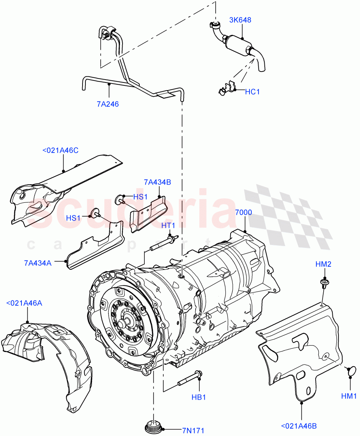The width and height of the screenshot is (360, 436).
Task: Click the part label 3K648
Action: [240, 20]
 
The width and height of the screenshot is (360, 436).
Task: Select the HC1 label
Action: [252, 92]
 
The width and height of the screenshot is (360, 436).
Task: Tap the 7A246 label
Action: [108, 104]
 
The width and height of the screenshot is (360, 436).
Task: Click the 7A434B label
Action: [157, 182]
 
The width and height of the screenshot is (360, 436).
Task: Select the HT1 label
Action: [168, 226]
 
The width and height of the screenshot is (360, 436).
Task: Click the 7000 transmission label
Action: [243, 213]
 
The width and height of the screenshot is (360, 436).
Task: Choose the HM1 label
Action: [349, 396]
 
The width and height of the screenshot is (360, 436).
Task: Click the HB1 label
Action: [199, 397]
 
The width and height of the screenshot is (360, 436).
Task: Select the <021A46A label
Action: [24, 303]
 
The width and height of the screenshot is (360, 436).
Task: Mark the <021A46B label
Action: [301, 425]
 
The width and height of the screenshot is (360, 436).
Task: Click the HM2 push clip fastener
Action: [323, 282]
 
